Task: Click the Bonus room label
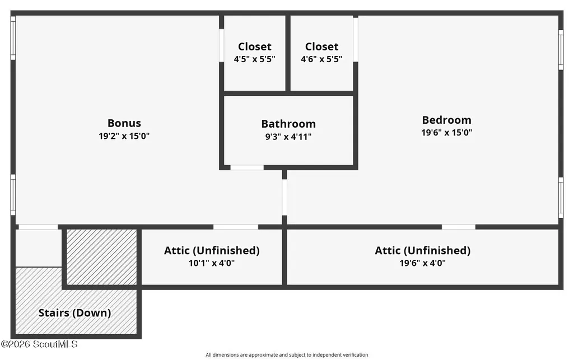click(x=124, y=123)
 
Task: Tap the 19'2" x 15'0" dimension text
click(x=124, y=136)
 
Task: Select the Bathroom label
click(x=288, y=124)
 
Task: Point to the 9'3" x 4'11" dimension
click(x=288, y=137)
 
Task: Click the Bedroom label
click(x=447, y=120)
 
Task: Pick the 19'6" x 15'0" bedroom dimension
click(x=447, y=133)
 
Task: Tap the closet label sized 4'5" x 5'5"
click(x=255, y=46)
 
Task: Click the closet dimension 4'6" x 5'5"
click(x=321, y=59)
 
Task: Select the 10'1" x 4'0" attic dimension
click(x=212, y=263)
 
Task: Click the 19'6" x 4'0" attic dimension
click(x=422, y=263)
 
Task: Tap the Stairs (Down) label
click(x=74, y=313)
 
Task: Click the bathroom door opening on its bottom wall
click(x=247, y=167)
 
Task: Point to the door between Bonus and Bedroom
click(x=284, y=197)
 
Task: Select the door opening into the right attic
click(x=458, y=227)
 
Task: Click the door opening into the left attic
click(x=236, y=227)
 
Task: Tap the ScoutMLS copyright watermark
click(x=39, y=344)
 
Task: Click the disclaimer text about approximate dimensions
click(x=287, y=355)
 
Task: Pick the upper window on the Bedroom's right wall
click(x=561, y=49)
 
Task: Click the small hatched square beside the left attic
click(x=102, y=257)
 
